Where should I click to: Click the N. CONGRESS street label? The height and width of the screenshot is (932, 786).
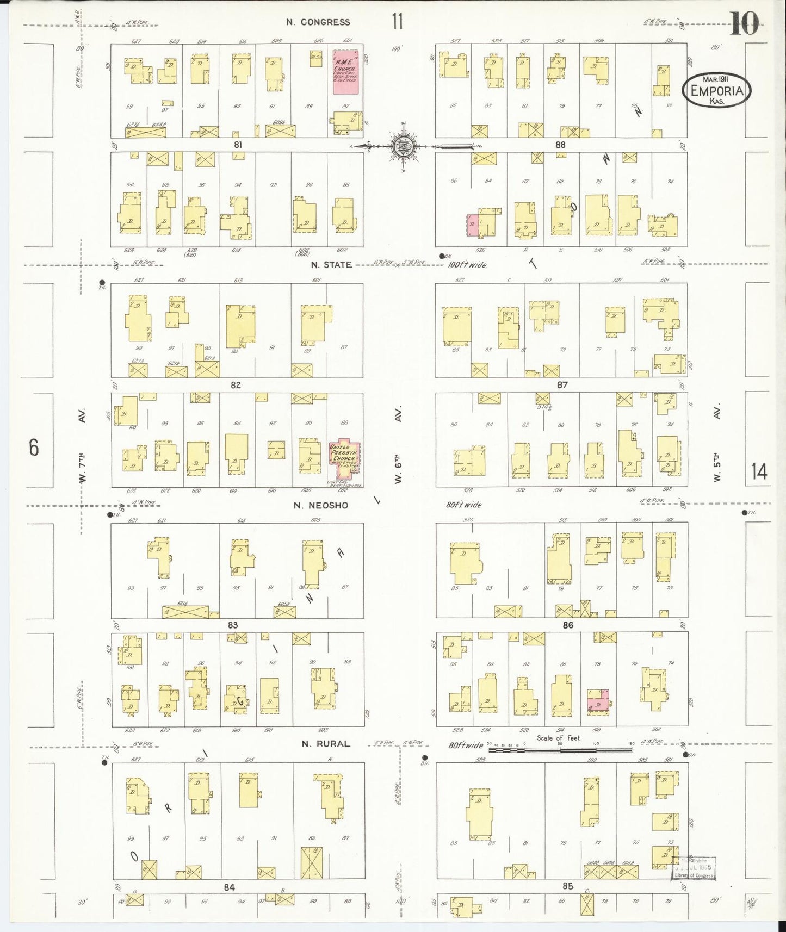[318, 22]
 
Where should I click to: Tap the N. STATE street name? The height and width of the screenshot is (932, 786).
[331, 265]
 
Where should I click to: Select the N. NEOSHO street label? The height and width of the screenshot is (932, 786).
[320, 505]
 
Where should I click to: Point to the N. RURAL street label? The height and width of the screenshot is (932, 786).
[326, 744]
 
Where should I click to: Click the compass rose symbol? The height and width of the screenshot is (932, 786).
[403, 146]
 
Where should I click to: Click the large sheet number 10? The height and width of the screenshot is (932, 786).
[744, 24]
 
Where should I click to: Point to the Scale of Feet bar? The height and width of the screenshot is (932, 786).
[560, 750]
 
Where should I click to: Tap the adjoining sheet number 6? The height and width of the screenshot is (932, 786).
[34, 448]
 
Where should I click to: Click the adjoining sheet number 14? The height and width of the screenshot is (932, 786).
[759, 471]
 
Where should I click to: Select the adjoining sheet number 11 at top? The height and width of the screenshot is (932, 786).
[397, 22]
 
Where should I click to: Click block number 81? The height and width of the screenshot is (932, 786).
[237, 145]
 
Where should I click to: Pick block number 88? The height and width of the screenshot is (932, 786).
[560, 145]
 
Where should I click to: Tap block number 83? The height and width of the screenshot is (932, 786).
[233, 625]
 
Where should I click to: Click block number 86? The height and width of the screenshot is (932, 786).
[568, 625]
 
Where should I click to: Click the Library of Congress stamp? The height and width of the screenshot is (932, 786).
[694, 868]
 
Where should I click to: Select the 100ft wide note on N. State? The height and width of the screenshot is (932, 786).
[467, 265]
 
